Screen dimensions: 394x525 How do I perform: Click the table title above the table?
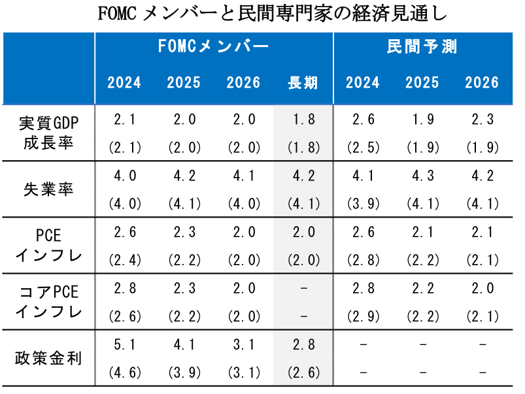pyautogui.click(x=262, y=14)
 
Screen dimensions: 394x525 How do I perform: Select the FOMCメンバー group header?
pyautogui.click(x=213, y=47)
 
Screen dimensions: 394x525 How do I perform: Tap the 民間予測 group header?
pyautogui.click(x=422, y=47)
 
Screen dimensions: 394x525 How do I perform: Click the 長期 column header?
pyautogui.click(x=303, y=83)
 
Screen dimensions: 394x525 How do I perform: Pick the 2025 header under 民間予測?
pyautogui.click(x=422, y=83)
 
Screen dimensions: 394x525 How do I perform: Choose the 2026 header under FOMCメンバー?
pyautogui.click(x=243, y=83)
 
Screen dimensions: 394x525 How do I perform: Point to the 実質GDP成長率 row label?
pyautogui.click(x=48, y=133)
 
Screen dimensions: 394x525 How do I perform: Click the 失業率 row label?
pyautogui.click(x=48, y=189)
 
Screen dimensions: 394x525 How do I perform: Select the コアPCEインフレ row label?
pyautogui.click(x=48, y=302)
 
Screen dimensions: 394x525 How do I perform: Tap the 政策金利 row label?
pyautogui.click(x=48, y=358)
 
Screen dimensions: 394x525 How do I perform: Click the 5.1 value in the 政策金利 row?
pyautogui.click(x=124, y=344)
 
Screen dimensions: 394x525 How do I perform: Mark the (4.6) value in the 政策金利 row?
pyautogui.click(x=124, y=372)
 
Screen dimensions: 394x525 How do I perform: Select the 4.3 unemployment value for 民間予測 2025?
pyautogui.click(x=422, y=176)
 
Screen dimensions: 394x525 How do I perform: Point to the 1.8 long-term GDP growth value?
pyautogui.click(x=303, y=120)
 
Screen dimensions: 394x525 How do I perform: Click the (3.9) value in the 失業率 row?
pyautogui.click(x=363, y=204)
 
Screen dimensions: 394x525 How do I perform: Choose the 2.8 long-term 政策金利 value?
pyautogui.click(x=303, y=344)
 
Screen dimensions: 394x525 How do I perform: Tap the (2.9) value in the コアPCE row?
pyautogui.click(x=363, y=316)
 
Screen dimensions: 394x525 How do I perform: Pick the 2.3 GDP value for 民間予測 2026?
pyautogui.click(x=482, y=120)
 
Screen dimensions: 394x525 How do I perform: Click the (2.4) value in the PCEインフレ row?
pyautogui.click(x=124, y=260)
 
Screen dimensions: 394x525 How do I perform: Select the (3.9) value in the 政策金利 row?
pyautogui.click(x=184, y=372)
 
